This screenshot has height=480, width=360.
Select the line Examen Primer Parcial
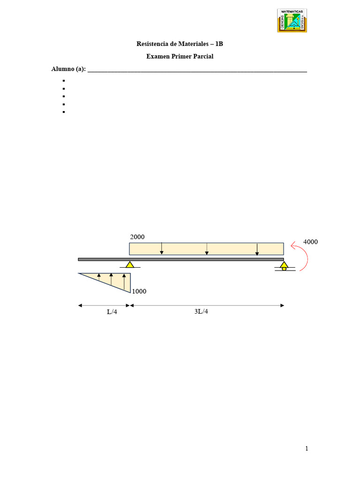click(x=180, y=57)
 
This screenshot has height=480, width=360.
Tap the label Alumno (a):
click(x=68, y=69)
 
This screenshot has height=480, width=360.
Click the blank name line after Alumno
click(x=197, y=70)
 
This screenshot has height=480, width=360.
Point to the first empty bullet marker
click(x=63, y=81)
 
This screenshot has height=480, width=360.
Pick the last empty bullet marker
click(x=63, y=112)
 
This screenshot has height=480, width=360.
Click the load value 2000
click(x=137, y=238)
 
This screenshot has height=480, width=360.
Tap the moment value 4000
click(x=311, y=242)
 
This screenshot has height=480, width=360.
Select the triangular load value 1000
click(x=139, y=291)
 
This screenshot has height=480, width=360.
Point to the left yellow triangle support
click(x=130, y=264)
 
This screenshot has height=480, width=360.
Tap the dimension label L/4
click(x=112, y=313)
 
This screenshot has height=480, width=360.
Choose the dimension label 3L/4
click(x=201, y=312)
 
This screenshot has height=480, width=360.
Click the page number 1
click(x=307, y=449)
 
